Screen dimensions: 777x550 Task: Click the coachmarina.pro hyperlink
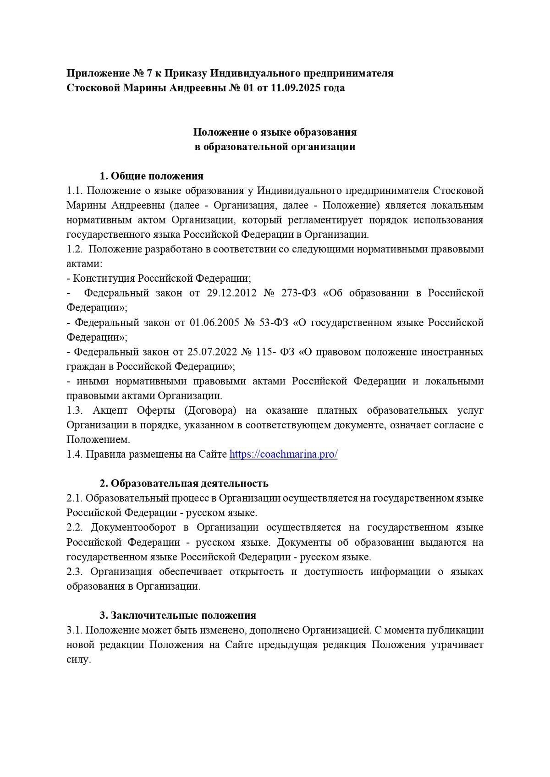coord(283,454)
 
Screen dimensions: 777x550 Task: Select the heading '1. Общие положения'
coord(152,176)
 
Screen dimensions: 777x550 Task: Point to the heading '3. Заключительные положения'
coord(178,616)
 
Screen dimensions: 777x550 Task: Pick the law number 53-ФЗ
coord(274,323)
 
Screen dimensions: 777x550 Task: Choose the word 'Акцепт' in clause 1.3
coord(109,410)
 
